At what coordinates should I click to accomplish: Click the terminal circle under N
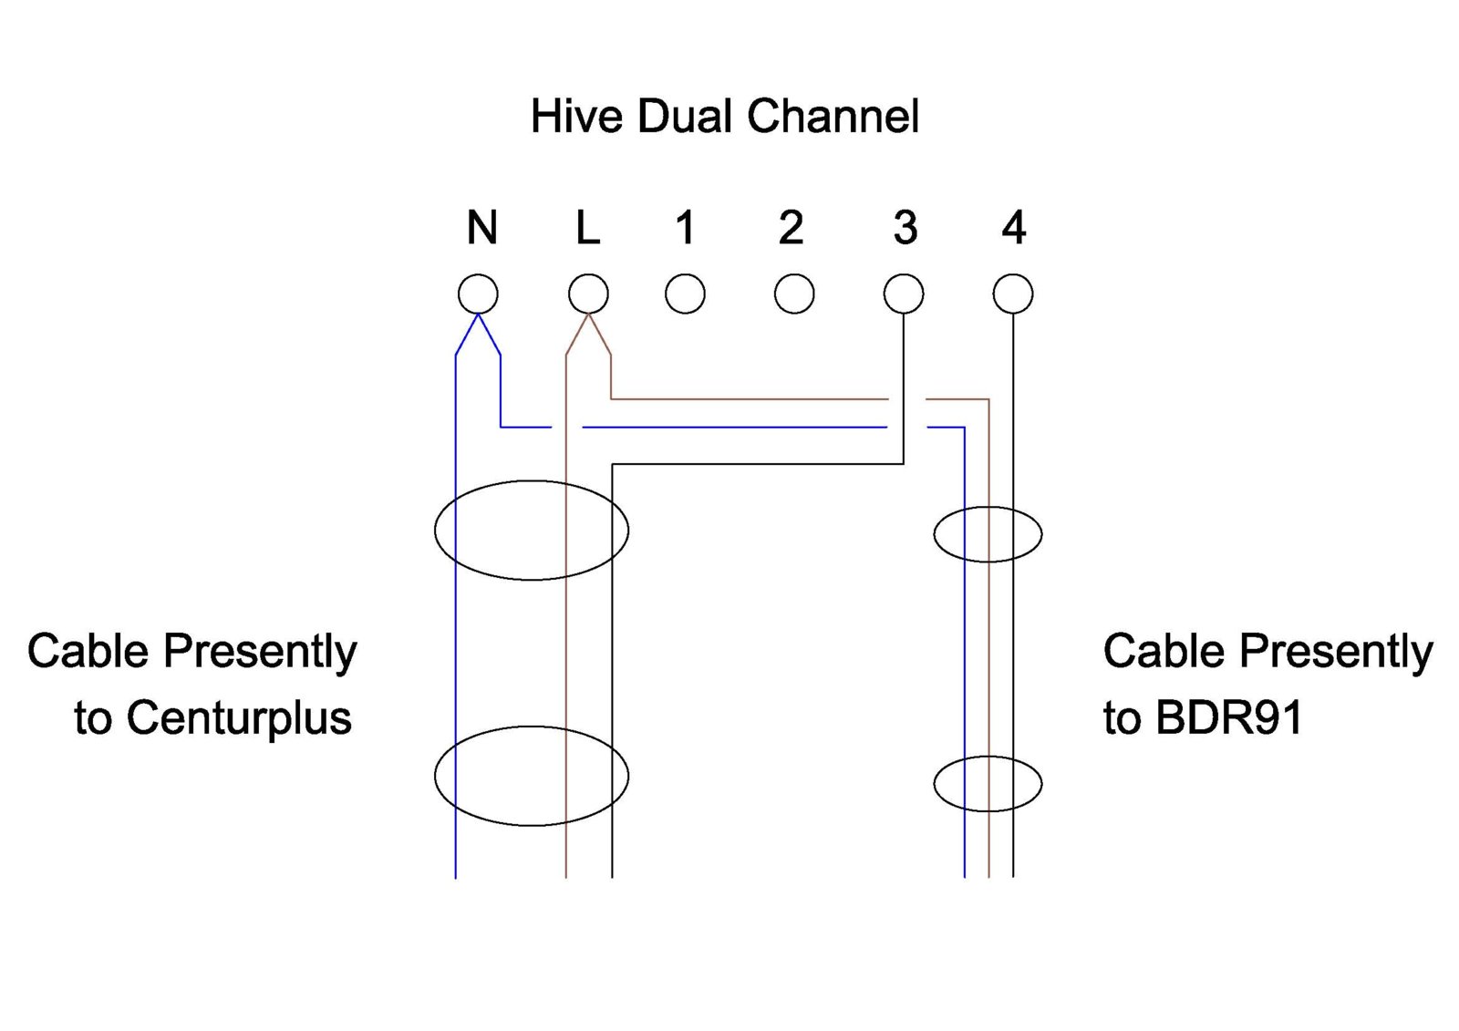click(x=478, y=294)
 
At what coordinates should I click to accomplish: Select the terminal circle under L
click(x=588, y=294)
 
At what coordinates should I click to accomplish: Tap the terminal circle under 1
click(x=685, y=294)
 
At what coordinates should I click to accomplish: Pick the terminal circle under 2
click(x=794, y=294)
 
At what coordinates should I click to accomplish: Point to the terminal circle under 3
click(x=904, y=294)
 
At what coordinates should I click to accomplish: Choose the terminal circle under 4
click(x=1013, y=294)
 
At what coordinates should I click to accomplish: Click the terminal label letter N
click(x=482, y=228)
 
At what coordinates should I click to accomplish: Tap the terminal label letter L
click(x=588, y=228)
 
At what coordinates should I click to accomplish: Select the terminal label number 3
click(x=905, y=228)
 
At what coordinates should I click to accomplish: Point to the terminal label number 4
click(x=1014, y=228)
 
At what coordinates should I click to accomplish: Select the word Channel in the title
click(x=833, y=117)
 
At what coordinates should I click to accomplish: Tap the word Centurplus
click(x=239, y=718)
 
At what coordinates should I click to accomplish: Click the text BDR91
click(x=1229, y=718)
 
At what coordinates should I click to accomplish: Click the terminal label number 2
click(x=792, y=228)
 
